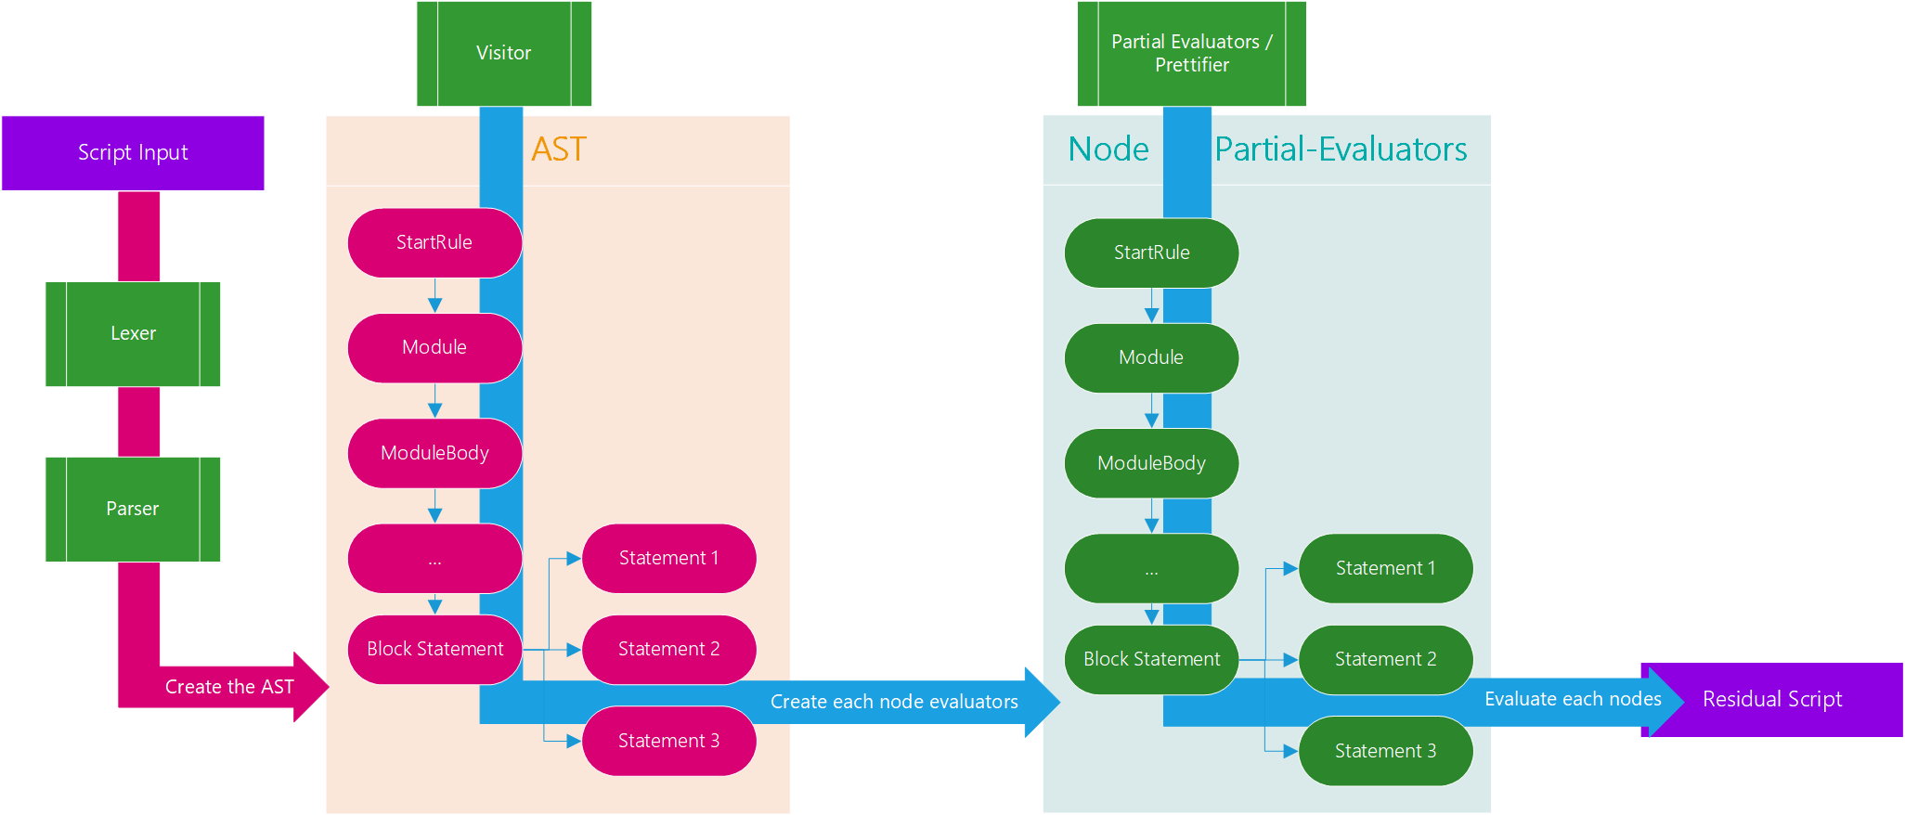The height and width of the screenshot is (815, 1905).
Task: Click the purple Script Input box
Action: [133, 153]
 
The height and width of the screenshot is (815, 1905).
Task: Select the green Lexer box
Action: [133, 334]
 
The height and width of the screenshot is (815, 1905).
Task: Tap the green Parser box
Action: [133, 510]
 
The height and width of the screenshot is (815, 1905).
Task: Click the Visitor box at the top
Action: [504, 54]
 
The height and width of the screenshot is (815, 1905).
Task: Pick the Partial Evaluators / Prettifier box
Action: [1192, 54]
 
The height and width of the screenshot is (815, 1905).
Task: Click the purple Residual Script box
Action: [1772, 700]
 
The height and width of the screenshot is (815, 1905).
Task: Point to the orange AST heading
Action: [559, 149]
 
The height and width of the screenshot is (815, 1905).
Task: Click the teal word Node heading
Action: [1108, 149]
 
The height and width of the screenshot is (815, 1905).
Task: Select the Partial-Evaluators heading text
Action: [1341, 149]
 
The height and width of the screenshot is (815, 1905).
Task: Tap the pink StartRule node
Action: [434, 243]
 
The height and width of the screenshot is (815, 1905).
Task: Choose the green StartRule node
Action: [1151, 253]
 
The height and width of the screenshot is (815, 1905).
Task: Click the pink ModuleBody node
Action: [434, 454]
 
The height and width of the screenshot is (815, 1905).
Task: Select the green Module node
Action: [1151, 358]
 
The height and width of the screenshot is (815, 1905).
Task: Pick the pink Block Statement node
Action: [434, 650]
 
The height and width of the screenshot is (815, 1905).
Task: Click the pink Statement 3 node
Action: [669, 741]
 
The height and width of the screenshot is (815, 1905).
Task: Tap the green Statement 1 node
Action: [1386, 568]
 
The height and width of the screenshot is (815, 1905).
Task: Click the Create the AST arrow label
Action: [229, 687]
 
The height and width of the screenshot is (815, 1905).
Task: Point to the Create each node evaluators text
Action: [894, 702]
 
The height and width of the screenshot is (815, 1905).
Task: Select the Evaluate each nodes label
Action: [1573, 699]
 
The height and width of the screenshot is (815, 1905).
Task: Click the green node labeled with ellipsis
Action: [1151, 568]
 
